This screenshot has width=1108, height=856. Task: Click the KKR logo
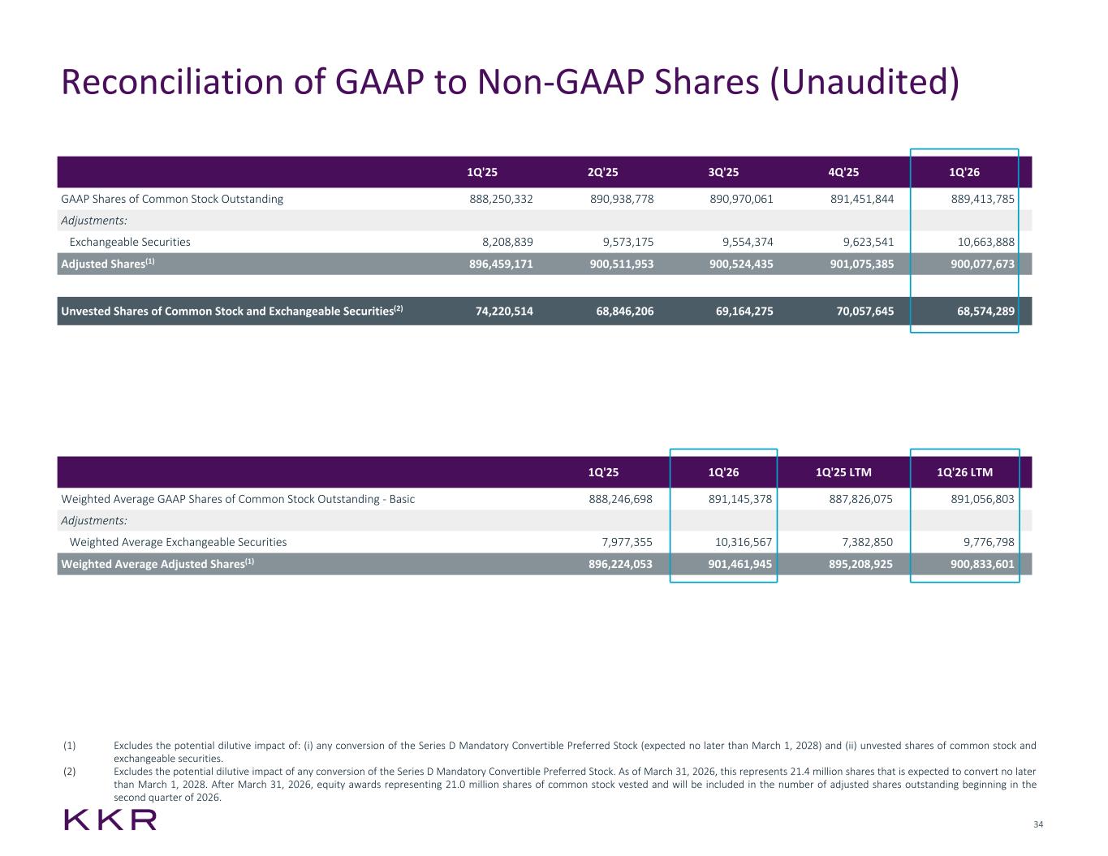[x=110, y=819]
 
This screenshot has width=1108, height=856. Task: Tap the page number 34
[x=1038, y=824]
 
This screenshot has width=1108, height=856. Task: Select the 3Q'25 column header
[x=723, y=172]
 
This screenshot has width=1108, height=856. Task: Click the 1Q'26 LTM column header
[x=964, y=472]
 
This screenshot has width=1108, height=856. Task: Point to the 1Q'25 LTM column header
[x=843, y=472]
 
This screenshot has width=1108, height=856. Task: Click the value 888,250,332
[x=501, y=200]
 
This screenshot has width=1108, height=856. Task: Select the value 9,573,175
[x=627, y=242]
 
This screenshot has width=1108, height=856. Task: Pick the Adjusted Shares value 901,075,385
[x=862, y=264]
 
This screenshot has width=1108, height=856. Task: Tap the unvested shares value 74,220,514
[x=504, y=312]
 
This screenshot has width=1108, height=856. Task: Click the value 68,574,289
[x=985, y=312]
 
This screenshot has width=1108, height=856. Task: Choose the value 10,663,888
[x=985, y=242]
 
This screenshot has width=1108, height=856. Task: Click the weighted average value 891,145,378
[x=739, y=499]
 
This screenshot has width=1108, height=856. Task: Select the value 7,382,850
[x=868, y=542]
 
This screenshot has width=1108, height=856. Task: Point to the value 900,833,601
[x=982, y=564]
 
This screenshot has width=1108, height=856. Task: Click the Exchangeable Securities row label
[x=130, y=242]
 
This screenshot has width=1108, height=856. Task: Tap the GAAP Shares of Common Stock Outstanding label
[x=172, y=200]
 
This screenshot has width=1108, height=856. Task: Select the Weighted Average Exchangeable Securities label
[x=178, y=542]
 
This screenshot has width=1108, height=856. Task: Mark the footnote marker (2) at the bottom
[x=69, y=772]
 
